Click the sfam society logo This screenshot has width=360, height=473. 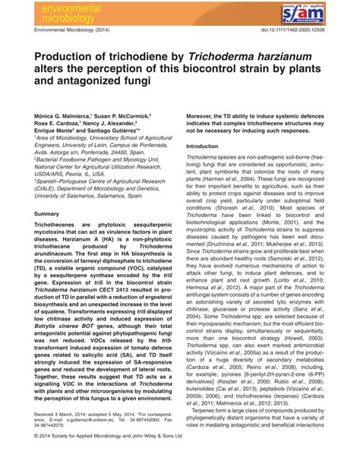coord(327,14)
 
